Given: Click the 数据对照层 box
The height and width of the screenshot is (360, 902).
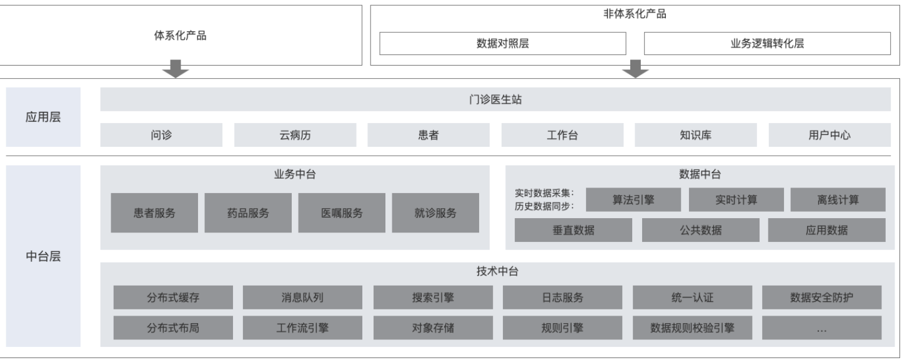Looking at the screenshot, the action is coord(503,44).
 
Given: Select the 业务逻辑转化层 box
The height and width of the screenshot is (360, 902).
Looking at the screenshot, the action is coord(767,44).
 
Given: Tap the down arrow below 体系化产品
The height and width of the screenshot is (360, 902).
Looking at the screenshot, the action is coord(176,69).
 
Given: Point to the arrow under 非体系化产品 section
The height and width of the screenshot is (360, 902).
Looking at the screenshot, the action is coord(635,69).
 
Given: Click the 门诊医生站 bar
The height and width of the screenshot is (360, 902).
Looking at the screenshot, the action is coord(495,99).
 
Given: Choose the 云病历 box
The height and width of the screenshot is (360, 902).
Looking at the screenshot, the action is coord(295,135).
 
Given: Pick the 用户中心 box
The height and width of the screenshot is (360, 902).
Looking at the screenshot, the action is coord(830,135).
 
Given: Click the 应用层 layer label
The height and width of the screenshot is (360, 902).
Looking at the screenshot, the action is coord(43,117).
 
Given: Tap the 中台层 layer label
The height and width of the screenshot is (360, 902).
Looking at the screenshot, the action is coord(43,256).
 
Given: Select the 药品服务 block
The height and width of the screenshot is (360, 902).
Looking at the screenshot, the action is coord(248,212).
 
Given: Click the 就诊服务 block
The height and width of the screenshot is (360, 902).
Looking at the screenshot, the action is coord(435,212).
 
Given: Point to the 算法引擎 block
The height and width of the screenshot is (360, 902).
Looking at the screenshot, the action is coord(633,200).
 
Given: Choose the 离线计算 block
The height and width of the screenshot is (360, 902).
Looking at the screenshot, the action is coord(838,200).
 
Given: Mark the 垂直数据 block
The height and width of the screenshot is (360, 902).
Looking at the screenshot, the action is coord(573,230).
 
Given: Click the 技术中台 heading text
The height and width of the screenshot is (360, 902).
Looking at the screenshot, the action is coord(497,271).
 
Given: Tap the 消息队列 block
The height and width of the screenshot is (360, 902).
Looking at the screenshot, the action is coord(302,297).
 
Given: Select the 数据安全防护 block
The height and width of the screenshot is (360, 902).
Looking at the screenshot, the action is coord(821,297).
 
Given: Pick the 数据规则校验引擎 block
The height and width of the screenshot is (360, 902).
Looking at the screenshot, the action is coord(692,327).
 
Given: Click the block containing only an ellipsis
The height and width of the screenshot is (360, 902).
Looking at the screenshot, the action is coord(821,327).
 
